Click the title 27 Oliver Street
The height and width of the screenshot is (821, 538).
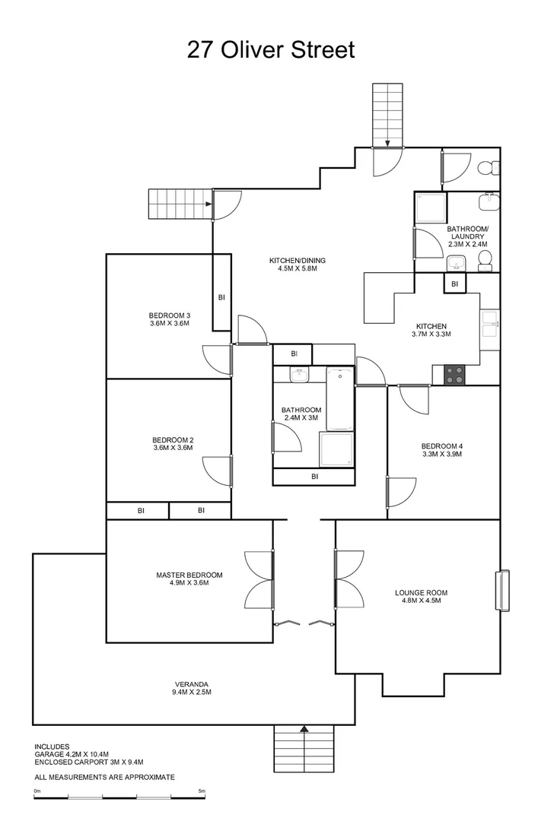270,50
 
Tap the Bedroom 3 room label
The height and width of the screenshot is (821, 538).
169,315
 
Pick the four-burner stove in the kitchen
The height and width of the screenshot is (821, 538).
455,375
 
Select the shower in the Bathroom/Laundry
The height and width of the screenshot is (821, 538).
431,207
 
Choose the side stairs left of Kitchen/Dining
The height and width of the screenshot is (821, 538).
179,204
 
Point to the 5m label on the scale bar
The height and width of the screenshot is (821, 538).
202,791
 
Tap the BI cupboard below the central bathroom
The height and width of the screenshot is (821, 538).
314,477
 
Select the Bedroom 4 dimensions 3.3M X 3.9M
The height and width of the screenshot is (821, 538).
442,454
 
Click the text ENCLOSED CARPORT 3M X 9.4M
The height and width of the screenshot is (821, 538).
89,762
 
